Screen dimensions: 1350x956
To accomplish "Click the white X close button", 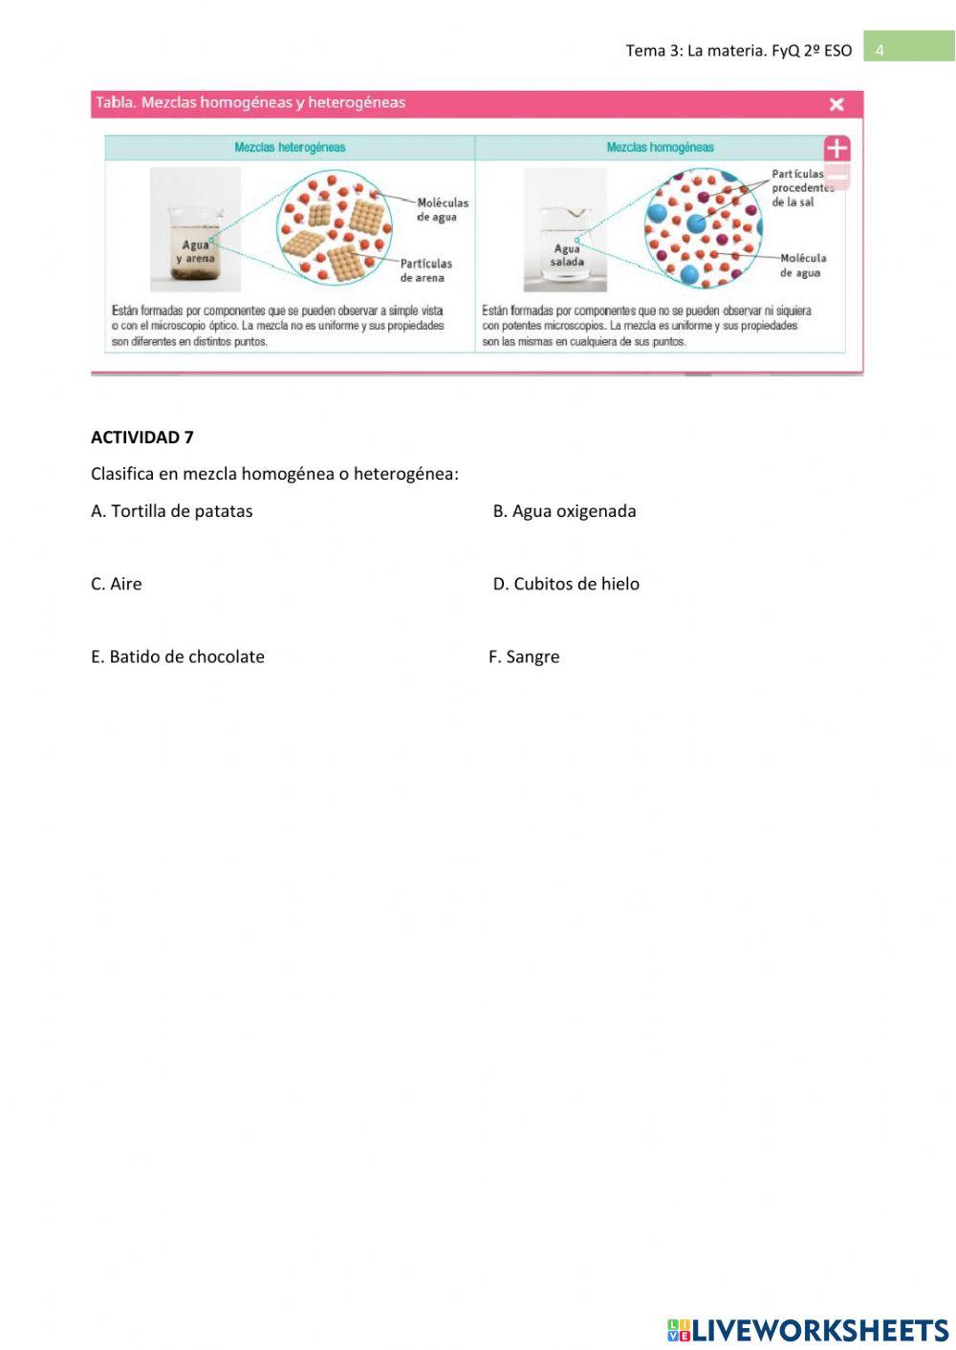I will pyautogui.click(x=836, y=104).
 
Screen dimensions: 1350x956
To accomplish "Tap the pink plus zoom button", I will pyautogui.click(x=836, y=148).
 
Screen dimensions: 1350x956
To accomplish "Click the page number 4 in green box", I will pyautogui.click(x=880, y=50).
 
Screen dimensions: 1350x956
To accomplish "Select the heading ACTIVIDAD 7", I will pyautogui.click(x=141, y=438).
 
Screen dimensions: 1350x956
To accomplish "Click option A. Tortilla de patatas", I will pyautogui.click(x=172, y=511).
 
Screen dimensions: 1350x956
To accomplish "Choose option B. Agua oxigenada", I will pyautogui.click(x=564, y=511).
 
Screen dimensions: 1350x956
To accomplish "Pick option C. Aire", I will pyautogui.click(x=116, y=584).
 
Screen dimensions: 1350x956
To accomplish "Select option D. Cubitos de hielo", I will pyautogui.click(x=566, y=584).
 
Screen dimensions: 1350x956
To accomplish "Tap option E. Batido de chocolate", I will pyautogui.click(x=178, y=656).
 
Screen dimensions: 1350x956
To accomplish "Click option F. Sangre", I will pyautogui.click(x=524, y=656).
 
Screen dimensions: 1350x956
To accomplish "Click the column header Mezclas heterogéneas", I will pyautogui.click(x=290, y=147).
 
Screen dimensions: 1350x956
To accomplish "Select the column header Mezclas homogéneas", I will pyautogui.click(x=660, y=147).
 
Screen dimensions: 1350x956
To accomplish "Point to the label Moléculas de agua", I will pyautogui.click(x=442, y=209).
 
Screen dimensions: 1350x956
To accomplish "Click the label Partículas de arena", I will pyautogui.click(x=425, y=270).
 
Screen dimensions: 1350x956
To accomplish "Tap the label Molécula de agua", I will pyautogui.click(x=802, y=265).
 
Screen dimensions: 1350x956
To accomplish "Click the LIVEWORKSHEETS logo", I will pyautogui.click(x=808, y=1329).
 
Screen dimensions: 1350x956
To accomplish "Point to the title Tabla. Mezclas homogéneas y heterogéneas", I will pyautogui.click(x=250, y=103).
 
